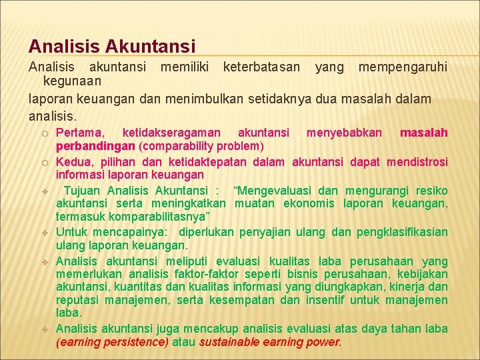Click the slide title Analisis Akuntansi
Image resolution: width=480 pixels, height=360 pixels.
coord(112,46)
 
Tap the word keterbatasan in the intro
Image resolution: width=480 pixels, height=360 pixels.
coord(261,67)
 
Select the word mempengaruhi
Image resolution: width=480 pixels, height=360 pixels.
coord(403,67)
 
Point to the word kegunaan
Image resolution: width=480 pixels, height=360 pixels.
coord(72,81)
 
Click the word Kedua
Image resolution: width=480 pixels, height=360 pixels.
coord(73,162)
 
